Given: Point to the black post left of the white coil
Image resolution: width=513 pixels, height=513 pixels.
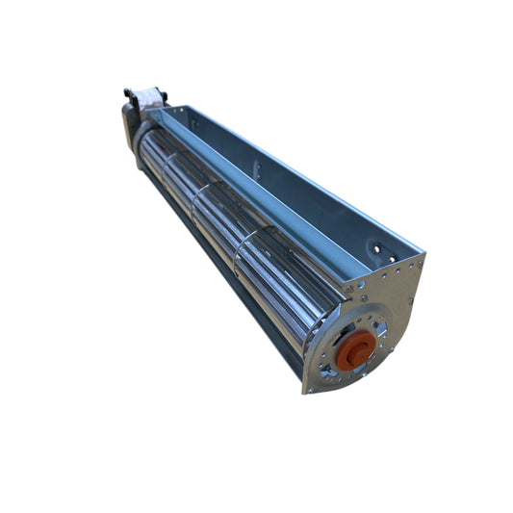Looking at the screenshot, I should point(127,93).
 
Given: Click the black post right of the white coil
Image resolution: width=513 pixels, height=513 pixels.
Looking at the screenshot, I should point(165,96).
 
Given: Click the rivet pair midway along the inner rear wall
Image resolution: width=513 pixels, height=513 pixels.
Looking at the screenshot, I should point(255,168).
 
